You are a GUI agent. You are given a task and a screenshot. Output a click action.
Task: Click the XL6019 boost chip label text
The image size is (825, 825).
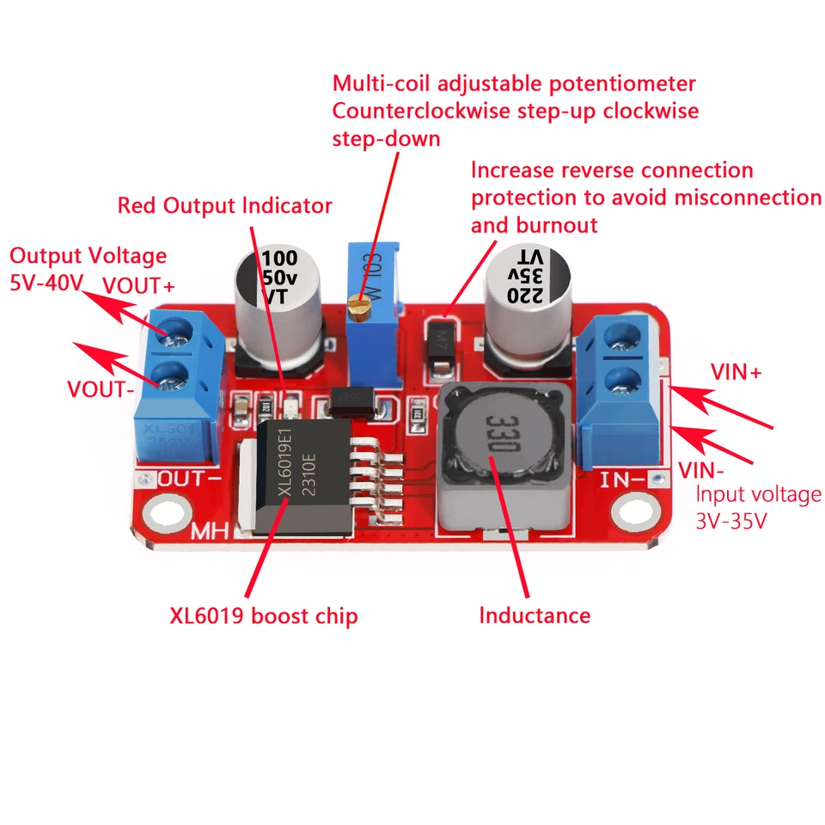coord(263,616)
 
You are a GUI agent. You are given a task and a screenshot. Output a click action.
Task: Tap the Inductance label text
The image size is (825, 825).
coord(535,615)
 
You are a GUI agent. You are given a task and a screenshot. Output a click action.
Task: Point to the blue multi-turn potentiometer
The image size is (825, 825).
coord(371,296)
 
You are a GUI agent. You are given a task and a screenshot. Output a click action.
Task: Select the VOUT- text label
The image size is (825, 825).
coord(100,388)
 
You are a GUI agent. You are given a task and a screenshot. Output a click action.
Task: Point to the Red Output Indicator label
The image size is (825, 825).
coord(224,206)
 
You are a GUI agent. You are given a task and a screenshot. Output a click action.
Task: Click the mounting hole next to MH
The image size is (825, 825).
coord(164,515)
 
